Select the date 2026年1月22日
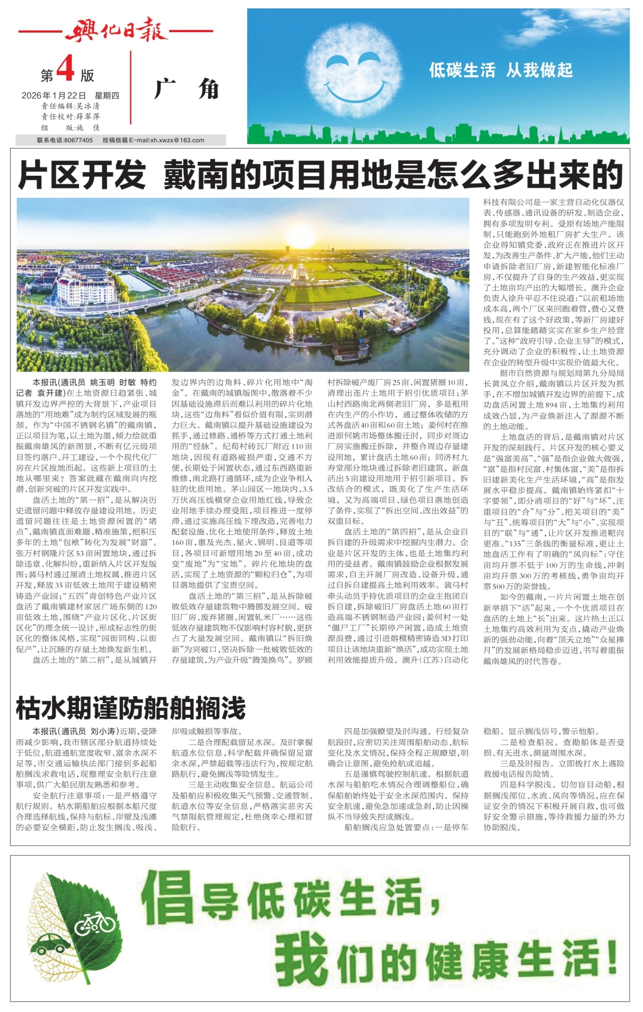(x=54, y=95)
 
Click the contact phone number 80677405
(x=78, y=140)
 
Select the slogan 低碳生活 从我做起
(x=500, y=70)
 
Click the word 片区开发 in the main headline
(x=82, y=176)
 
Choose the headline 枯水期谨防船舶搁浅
(x=131, y=708)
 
